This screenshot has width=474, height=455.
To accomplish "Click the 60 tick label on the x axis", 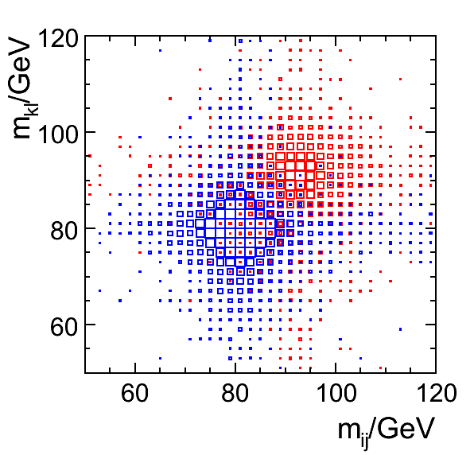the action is (x=135, y=393).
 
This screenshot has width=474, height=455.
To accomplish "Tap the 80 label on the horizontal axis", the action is (x=235, y=393).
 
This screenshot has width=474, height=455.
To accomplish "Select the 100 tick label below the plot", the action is (x=336, y=393).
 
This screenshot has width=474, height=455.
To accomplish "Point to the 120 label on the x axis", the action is (x=437, y=393).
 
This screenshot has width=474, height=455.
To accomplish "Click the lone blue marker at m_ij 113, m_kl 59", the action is (x=401, y=329).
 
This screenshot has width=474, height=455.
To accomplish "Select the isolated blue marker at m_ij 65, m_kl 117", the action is (x=160, y=50).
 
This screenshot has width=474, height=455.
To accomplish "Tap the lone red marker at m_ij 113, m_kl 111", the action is (x=401, y=80).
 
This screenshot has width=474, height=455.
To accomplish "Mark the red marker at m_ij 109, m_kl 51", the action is (x=381, y=368).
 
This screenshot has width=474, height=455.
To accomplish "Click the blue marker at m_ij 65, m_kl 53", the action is (x=160, y=358).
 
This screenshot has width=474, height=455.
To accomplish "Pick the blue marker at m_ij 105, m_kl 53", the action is (x=360, y=358).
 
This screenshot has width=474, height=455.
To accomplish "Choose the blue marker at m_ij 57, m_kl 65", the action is (x=120, y=301).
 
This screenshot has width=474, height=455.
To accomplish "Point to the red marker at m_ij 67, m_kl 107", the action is (x=170, y=99).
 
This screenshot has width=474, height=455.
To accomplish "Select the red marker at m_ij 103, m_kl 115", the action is (x=351, y=60).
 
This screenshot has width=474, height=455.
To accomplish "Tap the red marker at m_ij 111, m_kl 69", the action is (x=390, y=281).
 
